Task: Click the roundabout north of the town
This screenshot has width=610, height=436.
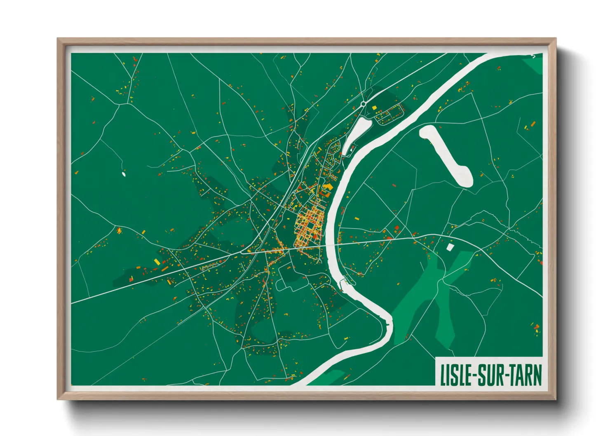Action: click(x=363, y=104)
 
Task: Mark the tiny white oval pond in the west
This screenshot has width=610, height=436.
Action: click(x=124, y=174)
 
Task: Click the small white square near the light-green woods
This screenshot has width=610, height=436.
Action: click(x=450, y=246)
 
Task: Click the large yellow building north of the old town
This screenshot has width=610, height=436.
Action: click(x=328, y=188)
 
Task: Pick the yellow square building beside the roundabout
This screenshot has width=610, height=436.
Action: click(x=375, y=108)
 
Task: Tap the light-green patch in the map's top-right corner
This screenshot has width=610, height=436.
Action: click(x=534, y=64)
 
